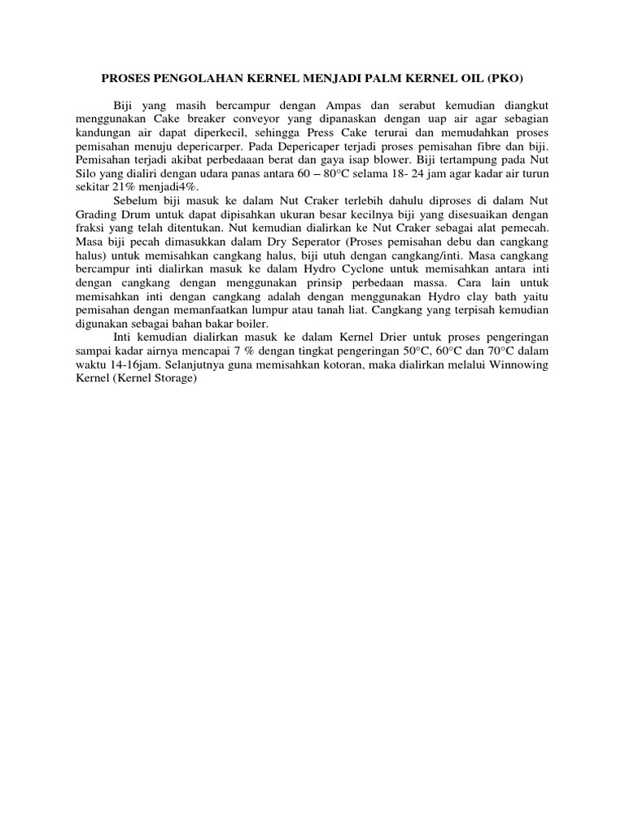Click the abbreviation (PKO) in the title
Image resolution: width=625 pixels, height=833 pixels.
click(x=506, y=79)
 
